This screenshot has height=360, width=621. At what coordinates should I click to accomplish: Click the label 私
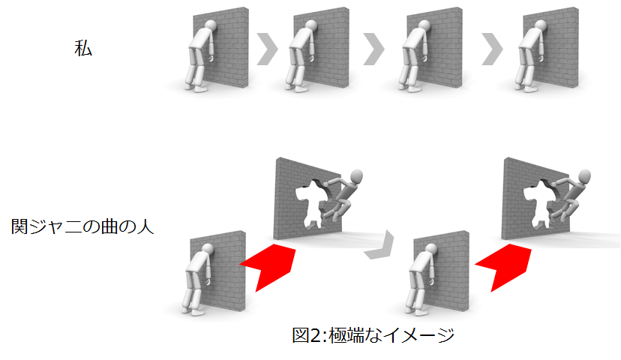(x=83, y=49)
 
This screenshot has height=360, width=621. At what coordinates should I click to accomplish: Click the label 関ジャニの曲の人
(x=82, y=226)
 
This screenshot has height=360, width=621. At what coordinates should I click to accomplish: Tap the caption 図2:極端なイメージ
(x=373, y=335)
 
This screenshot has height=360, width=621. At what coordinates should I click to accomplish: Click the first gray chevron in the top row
(x=267, y=49)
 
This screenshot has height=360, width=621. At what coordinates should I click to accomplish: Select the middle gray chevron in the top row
(x=373, y=49)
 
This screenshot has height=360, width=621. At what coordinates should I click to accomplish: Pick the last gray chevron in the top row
(x=492, y=49)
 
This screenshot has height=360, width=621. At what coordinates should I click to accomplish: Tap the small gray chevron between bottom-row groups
(x=381, y=246)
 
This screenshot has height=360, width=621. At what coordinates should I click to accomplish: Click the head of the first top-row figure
(x=211, y=25)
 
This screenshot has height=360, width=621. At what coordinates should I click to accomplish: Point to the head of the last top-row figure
(x=541, y=25)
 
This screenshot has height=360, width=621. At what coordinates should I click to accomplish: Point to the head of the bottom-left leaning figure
(x=208, y=249)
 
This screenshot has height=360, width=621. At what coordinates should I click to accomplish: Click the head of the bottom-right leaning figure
(x=431, y=249)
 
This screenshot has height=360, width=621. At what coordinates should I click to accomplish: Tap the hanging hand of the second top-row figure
(x=313, y=58)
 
